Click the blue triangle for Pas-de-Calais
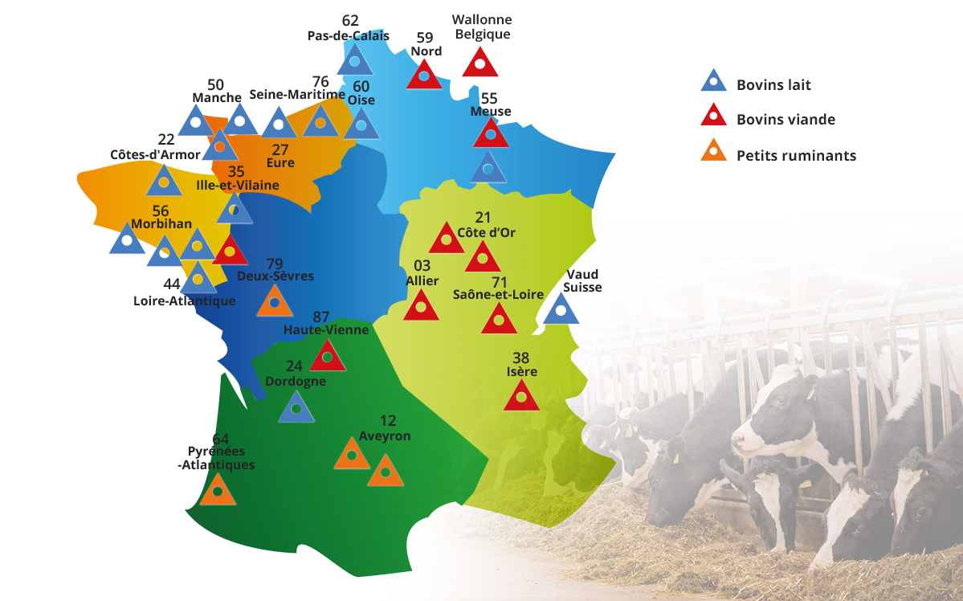(x=354, y=61)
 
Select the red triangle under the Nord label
(x=424, y=76)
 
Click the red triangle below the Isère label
(x=521, y=396)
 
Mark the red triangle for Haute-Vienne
(x=327, y=356)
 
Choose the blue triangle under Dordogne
(x=296, y=408)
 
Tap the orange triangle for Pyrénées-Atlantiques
(x=217, y=490)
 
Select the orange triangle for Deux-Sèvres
(x=275, y=302)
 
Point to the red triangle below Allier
(x=420, y=306)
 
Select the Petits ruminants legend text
(x=796, y=156)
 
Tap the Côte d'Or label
(x=486, y=233)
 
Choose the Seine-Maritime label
(x=296, y=95)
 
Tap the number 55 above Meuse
(x=489, y=97)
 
